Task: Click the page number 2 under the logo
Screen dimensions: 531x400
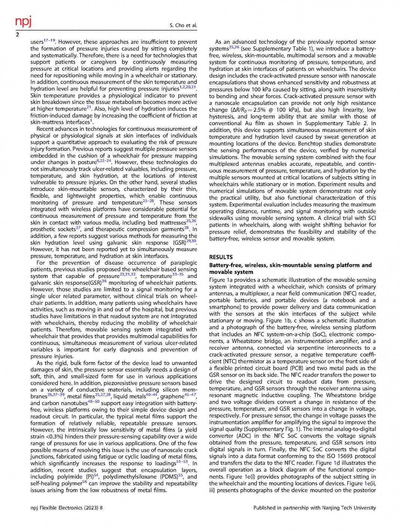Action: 17,35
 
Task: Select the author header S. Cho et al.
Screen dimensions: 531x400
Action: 183,25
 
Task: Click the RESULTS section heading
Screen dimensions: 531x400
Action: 221,257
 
